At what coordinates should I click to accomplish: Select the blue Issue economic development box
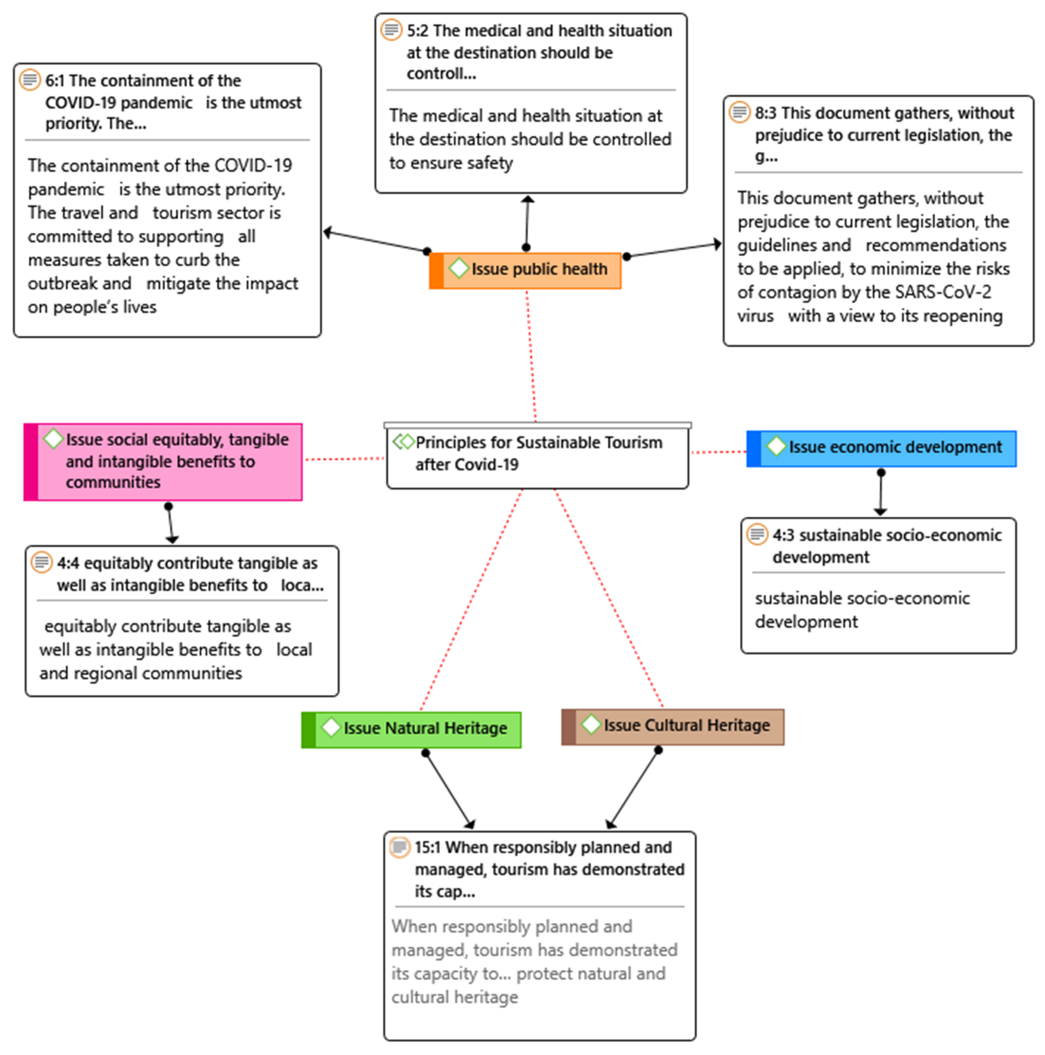881,448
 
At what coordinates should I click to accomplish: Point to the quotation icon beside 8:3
739,112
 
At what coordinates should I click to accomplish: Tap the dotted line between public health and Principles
531,355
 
